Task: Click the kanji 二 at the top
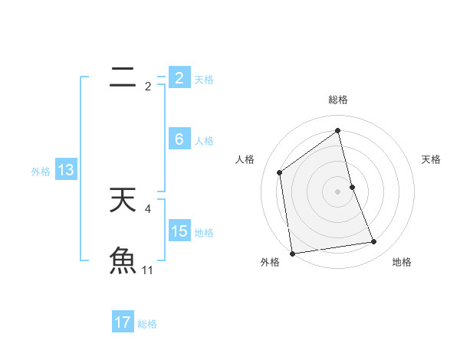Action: pyautogui.click(x=123, y=77)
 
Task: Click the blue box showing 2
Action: pyautogui.click(x=179, y=77)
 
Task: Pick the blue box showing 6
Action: pyautogui.click(x=179, y=139)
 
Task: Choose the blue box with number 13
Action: pyautogui.click(x=66, y=170)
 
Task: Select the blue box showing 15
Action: pyautogui.click(x=179, y=231)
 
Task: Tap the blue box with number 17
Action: pyautogui.click(x=123, y=322)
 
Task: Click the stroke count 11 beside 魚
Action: pyautogui.click(x=148, y=270)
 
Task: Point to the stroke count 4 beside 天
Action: pyautogui.click(x=147, y=208)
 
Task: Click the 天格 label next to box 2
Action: pyautogui.click(x=204, y=79)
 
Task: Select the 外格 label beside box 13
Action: pyautogui.click(x=41, y=172)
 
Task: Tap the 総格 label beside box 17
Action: pyautogui.click(x=147, y=324)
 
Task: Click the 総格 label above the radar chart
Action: pyautogui.click(x=338, y=100)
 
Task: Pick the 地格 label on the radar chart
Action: pyautogui.click(x=402, y=262)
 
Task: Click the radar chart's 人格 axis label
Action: pyautogui.click(x=245, y=159)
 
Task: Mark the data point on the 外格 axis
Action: pyautogui.click(x=292, y=253)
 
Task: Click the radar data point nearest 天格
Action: pyautogui.click(x=352, y=186)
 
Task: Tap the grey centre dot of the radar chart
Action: pyautogui.click(x=338, y=191)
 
